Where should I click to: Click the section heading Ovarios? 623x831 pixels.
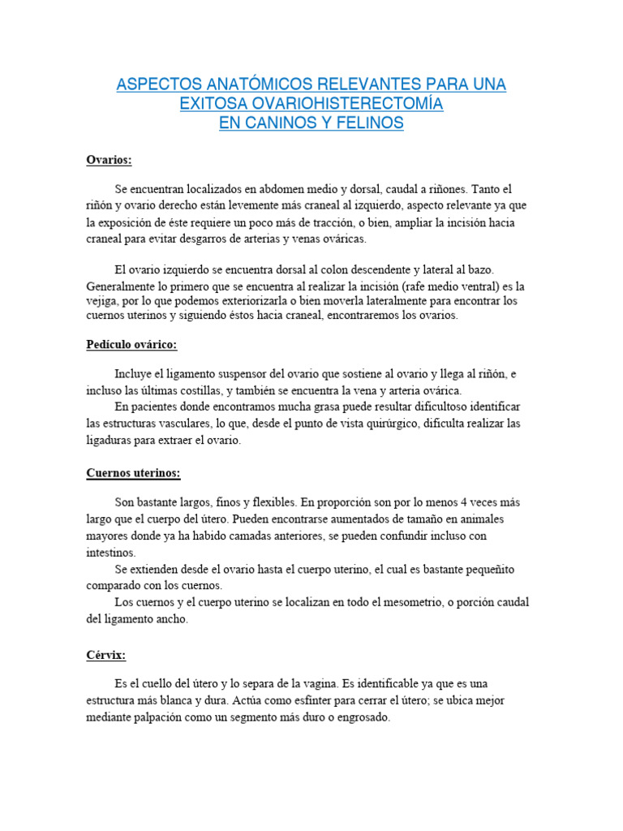coord(109,160)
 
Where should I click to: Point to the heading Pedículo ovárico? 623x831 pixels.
coord(131,345)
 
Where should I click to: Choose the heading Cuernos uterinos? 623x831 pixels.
coord(133,473)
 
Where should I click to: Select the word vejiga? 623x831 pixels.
coord(101,300)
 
